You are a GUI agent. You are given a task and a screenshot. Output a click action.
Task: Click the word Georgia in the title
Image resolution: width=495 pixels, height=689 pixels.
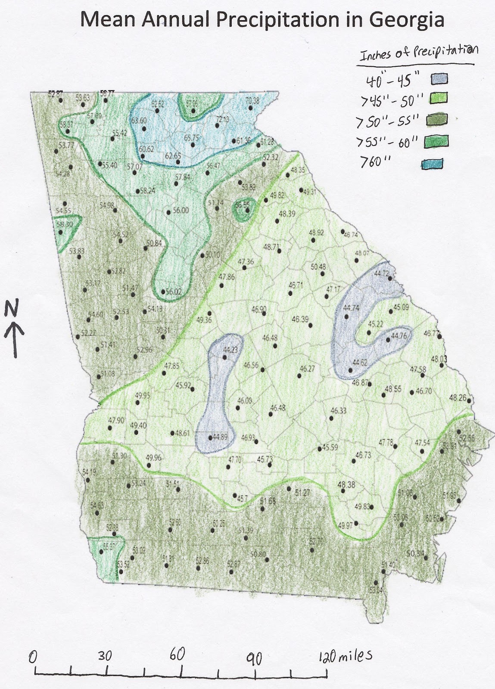click(x=405, y=20)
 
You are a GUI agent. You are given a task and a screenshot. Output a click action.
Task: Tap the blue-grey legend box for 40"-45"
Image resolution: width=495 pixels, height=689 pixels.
click(x=439, y=78)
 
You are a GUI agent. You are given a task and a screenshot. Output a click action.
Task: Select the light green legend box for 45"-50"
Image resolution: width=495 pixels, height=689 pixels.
click(x=439, y=98)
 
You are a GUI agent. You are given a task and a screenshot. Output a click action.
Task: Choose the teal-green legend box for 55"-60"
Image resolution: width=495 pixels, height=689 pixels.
click(x=439, y=141)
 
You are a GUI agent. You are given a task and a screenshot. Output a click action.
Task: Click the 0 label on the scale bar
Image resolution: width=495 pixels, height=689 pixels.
click(x=32, y=657)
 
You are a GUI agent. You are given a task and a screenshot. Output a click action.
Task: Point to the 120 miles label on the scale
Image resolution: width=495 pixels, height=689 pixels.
click(x=345, y=656)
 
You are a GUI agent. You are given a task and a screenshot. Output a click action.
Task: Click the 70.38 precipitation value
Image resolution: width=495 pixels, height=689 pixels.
click(x=252, y=101)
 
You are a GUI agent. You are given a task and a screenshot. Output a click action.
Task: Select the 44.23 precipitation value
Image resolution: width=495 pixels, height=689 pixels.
click(x=230, y=350)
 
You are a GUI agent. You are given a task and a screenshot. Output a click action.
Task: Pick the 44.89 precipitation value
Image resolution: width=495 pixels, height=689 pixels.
click(x=219, y=437)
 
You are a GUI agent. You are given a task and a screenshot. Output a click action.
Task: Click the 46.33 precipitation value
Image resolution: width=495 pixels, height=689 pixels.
click(x=338, y=411)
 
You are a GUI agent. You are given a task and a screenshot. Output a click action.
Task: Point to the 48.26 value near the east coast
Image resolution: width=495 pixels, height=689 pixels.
click(x=458, y=398)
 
